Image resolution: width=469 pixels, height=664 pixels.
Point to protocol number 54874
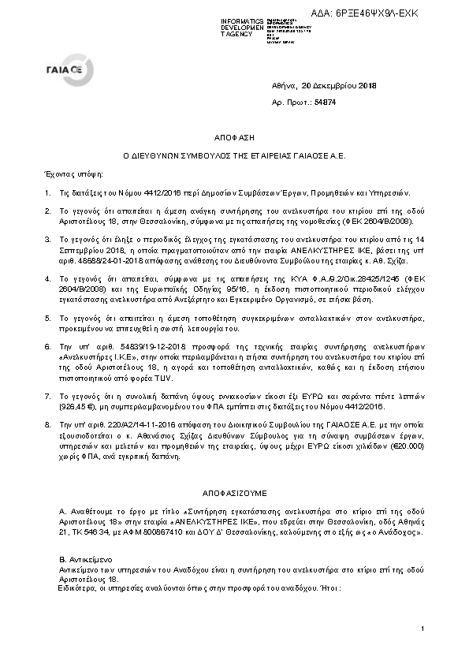(326, 103)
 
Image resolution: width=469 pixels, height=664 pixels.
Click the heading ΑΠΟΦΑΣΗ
(234, 136)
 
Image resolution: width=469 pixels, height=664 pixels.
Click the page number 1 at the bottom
(422, 628)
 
